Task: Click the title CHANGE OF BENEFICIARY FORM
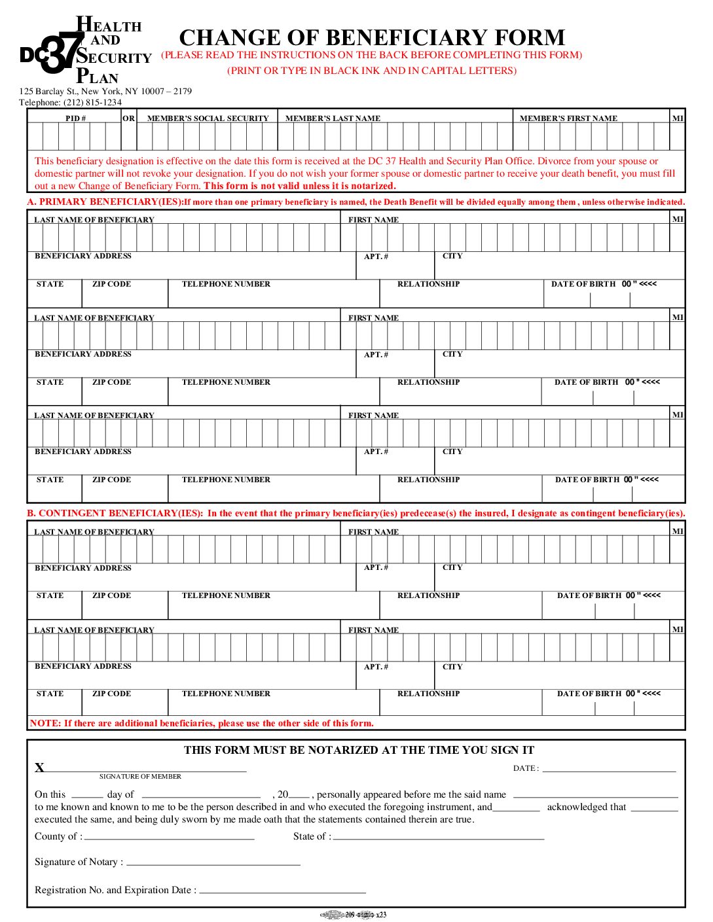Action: pos(371,37)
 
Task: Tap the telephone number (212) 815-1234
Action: pos(92,102)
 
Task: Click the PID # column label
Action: pos(75,118)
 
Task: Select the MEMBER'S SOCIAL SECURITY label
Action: pos(208,118)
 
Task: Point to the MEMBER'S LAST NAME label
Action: pos(333,118)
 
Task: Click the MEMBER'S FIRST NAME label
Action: pos(568,118)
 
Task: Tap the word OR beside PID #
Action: pos(128,118)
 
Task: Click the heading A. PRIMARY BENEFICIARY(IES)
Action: pos(105,202)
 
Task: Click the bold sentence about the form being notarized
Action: pos(300,186)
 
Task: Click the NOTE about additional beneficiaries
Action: pos(202,724)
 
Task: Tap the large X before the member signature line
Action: pos(39,768)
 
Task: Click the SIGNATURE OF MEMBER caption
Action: pos(140,777)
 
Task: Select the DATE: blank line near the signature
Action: pos(609,770)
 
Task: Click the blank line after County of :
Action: pos(169,838)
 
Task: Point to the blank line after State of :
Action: pos(439,838)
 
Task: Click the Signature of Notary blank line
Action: pos(213,864)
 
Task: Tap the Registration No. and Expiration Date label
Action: pos(115,890)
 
